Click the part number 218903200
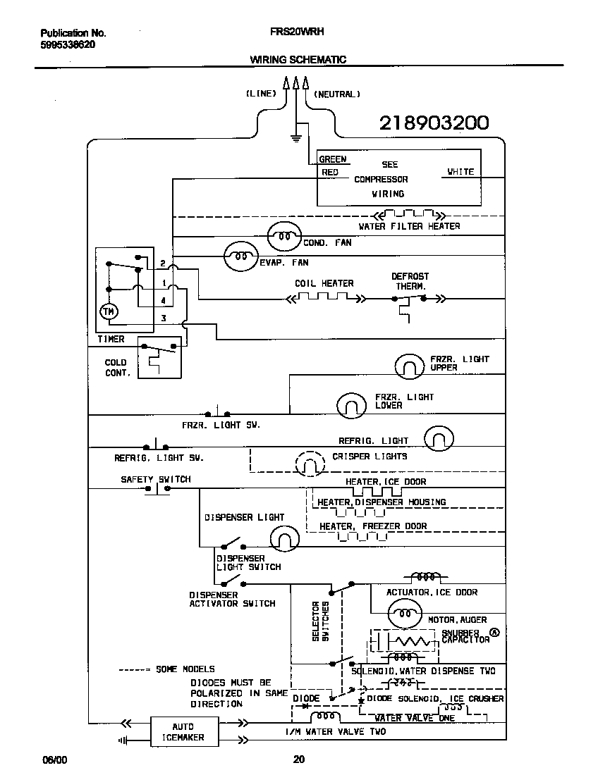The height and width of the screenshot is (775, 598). tap(434, 123)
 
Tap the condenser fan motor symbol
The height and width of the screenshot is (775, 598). tap(284, 237)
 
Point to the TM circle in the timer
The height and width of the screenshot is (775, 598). tap(109, 311)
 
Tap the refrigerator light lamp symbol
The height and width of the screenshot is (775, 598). tap(439, 438)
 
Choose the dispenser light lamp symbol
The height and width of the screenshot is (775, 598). tap(284, 538)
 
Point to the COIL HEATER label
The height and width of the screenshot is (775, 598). tap(324, 283)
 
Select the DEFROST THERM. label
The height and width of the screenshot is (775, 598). tap(410, 281)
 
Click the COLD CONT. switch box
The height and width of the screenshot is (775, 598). tap(158, 361)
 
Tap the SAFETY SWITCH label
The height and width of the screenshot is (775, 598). tap(155, 479)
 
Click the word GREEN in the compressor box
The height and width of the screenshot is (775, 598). tap(333, 159)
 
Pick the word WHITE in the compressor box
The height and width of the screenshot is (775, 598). tap(460, 172)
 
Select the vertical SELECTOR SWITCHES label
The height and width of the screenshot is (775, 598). tap(321, 621)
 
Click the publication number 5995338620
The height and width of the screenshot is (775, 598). tap(68, 44)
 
